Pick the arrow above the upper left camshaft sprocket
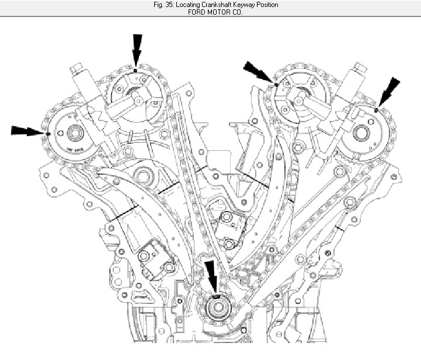[137, 50]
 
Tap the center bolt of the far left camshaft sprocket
[74, 134]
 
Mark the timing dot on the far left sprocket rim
[47, 133]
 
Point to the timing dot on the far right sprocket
[377, 110]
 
